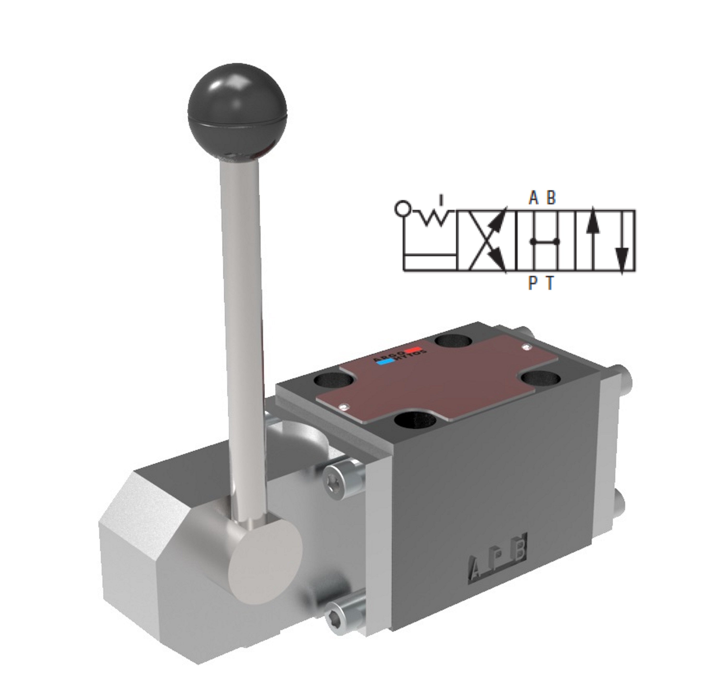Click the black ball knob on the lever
237,112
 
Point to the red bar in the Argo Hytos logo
411,349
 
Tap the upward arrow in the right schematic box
592,230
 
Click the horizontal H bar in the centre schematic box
545,241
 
